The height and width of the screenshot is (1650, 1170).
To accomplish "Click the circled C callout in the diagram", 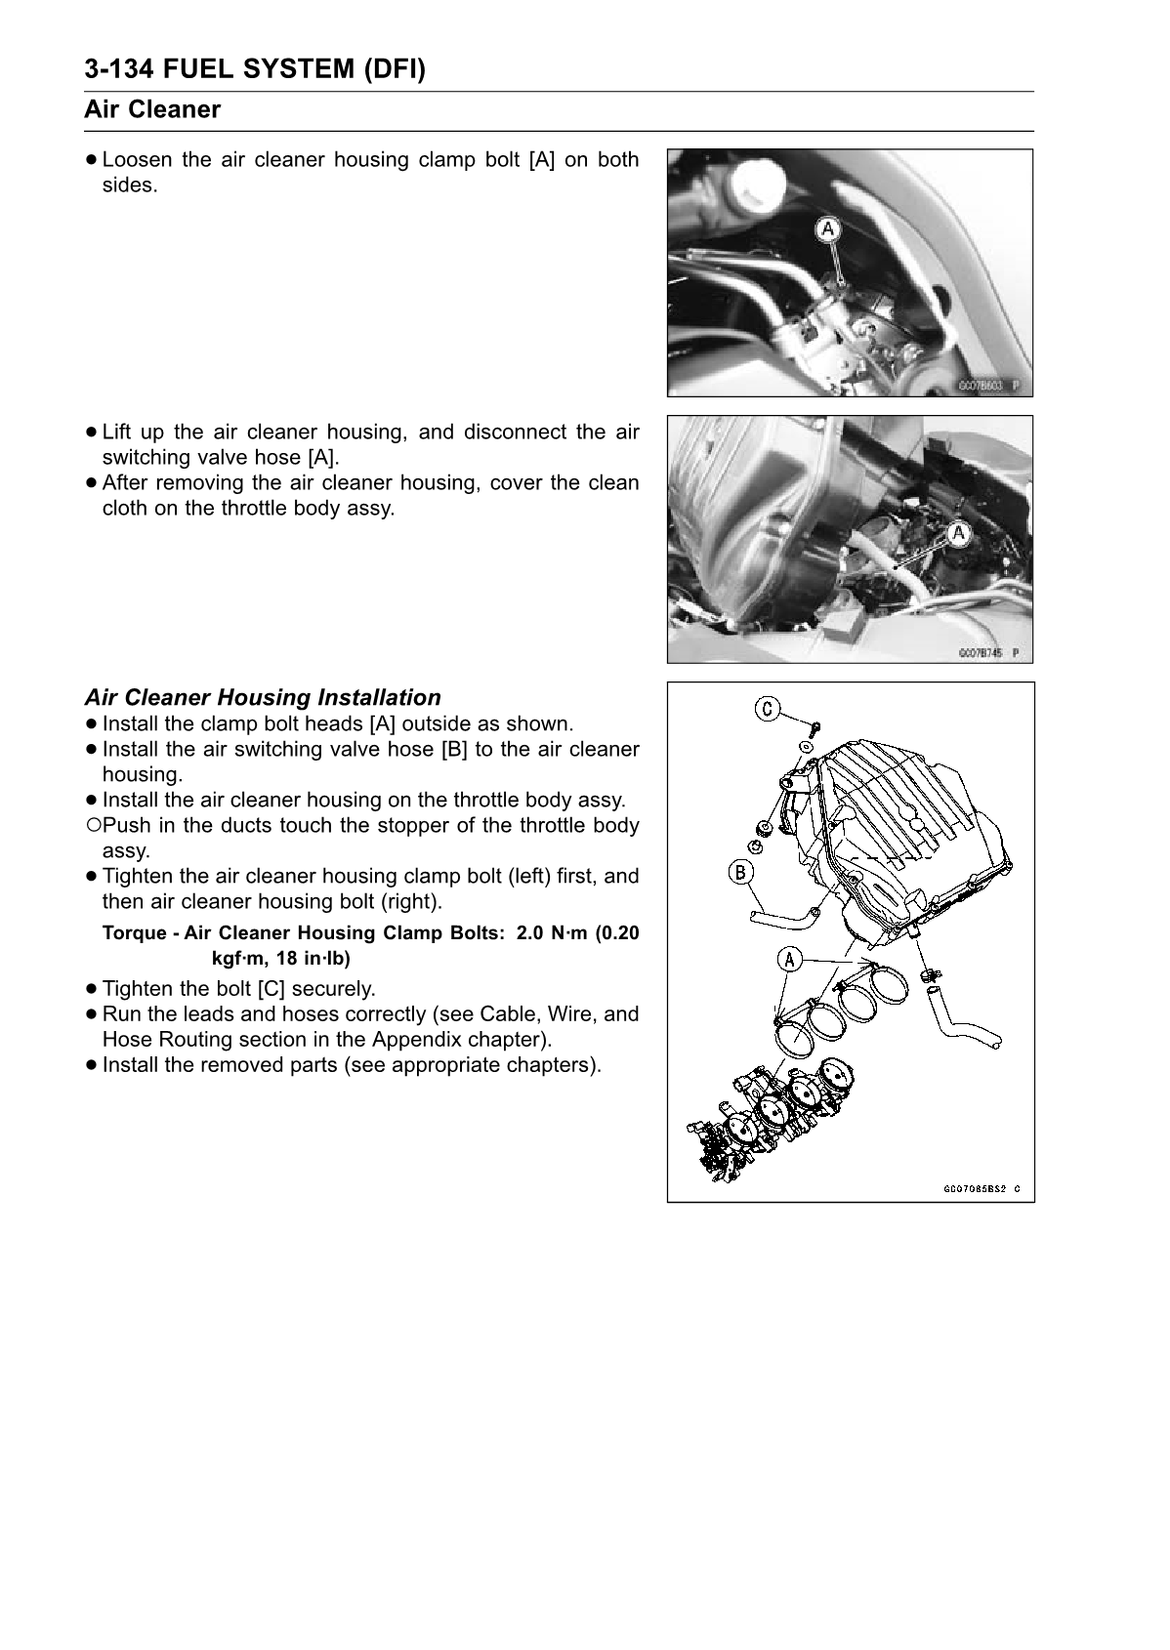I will [769, 709].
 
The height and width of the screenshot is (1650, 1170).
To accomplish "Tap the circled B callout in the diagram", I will [741, 871].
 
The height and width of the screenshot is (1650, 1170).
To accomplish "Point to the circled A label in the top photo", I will [828, 229].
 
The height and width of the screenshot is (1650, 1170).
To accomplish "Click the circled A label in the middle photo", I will [958, 533].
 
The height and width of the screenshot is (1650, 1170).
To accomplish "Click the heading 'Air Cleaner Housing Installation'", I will [263, 697].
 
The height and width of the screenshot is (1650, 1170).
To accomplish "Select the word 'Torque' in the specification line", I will [134, 932].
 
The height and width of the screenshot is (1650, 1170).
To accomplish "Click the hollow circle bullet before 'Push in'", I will [92, 825].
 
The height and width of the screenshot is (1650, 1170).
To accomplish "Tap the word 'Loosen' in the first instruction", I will [137, 159].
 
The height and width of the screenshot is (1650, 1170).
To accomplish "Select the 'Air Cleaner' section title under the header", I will [152, 109].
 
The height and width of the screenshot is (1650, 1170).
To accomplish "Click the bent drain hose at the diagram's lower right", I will [962, 1025].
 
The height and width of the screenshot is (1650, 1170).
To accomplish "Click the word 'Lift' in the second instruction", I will [116, 432].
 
